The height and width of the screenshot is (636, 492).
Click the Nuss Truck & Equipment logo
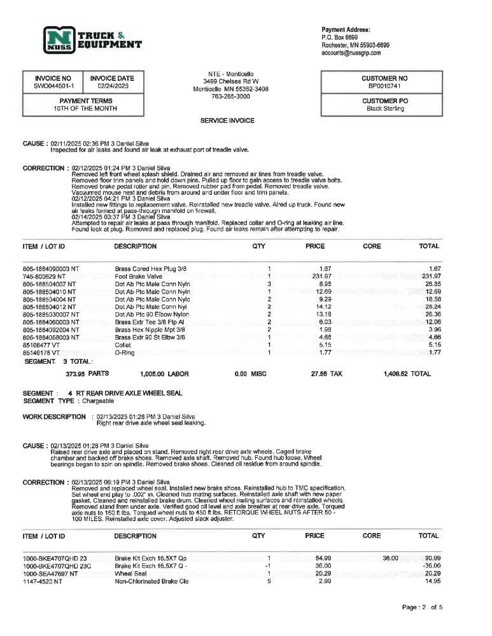click(92, 39)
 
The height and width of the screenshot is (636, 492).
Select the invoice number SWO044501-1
click(54, 86)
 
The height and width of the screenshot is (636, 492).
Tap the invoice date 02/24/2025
click(113, 86)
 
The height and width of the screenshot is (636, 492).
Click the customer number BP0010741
click(384, 86)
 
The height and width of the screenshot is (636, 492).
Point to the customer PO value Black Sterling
click(385, 109)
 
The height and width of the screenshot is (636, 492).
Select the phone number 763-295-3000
click(230, 97)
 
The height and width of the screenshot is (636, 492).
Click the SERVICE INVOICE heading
click(227, 120)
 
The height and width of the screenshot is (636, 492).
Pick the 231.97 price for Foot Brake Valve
click(322, 276)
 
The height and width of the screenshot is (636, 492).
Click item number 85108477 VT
click(41, 345)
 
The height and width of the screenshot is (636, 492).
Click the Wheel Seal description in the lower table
click(130, 574)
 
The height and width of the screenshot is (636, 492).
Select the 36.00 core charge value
click(390, 558)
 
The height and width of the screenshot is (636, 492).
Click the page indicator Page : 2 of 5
click(423, 607)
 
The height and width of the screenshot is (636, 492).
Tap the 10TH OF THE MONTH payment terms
click(83, 109)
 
